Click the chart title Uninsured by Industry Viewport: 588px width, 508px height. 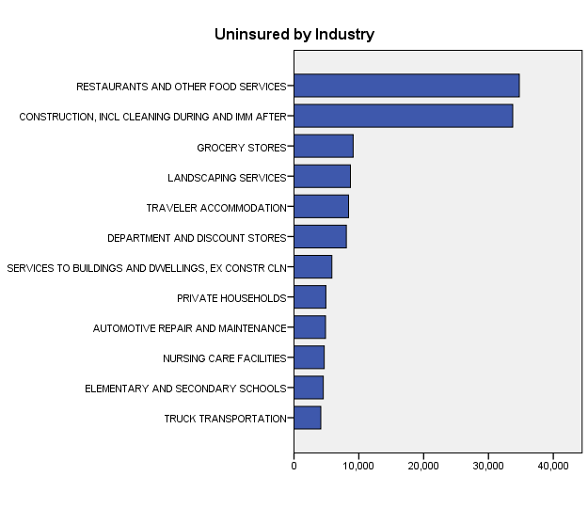[294, 35]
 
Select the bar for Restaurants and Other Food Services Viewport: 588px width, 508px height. [406, 86]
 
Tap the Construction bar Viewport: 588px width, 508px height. [403, 116]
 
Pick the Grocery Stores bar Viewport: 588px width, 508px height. [323, 146]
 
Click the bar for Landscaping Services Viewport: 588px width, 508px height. [322, 176]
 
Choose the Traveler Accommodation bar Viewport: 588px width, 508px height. [321, 206]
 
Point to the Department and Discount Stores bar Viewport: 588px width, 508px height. [320, 236]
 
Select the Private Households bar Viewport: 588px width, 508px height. [310, 297]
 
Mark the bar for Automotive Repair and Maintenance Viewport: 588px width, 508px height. [310, 327]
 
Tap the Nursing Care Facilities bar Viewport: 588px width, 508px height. [309, 357]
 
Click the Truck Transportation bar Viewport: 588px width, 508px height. [307, 418]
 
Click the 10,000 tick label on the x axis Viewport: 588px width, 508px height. [358, 464]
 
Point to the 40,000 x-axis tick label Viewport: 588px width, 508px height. [553, 464]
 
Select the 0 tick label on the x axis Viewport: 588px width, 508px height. [294, 464]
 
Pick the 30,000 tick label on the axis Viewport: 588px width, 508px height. [488, 464]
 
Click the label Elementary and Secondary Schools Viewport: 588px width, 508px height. [184, 389]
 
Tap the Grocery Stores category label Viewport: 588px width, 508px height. [241, 148]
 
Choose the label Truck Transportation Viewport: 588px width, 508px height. [225, 419]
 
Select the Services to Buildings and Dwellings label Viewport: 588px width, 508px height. [146, 268]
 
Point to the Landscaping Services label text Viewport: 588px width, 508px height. [226, 178]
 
